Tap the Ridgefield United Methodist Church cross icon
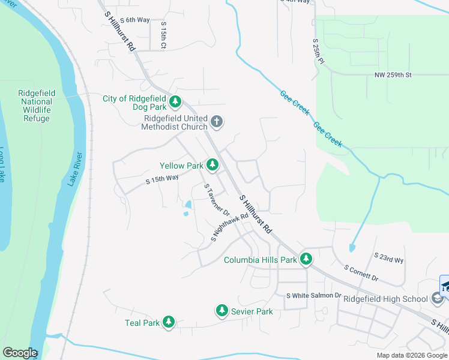tap(217, 122)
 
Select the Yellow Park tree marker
tap(212, 164)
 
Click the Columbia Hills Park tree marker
tap(306, 259)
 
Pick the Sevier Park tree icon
tap(222, 310)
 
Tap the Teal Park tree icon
tap(169, 322)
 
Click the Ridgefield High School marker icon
tap(438, 299)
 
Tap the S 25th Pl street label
tap(318, 52)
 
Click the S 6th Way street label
tap(134, 20)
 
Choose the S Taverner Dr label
tap(217, 200)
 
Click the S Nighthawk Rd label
tap(229, 228)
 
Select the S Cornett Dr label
tap(361, 274)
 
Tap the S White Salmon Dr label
tap(313, 296)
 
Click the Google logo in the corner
tap(20, 353)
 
